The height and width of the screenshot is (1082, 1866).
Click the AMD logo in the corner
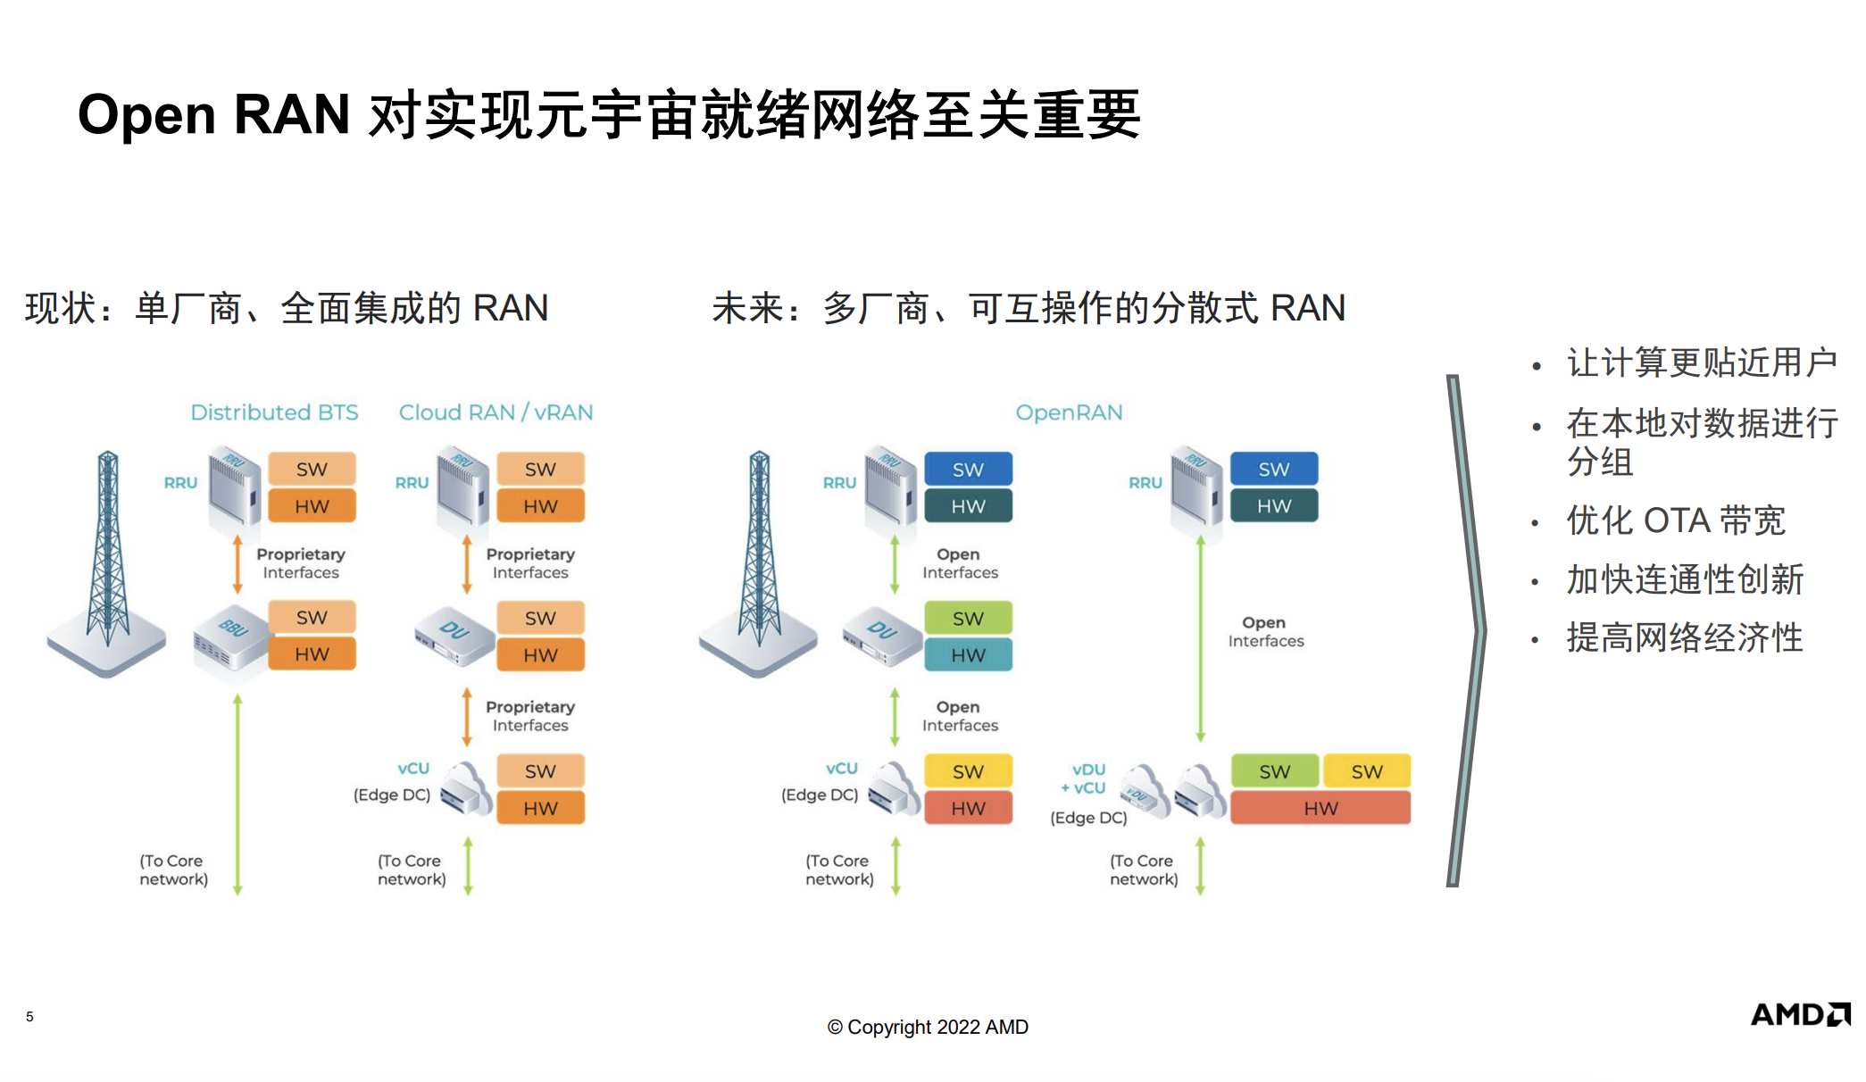tap(1799, 1015)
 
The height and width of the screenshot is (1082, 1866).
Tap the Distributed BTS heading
tap(274, 412)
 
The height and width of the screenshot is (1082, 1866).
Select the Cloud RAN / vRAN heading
tap(496, 412)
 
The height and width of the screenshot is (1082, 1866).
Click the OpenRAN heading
tap(1069, 412)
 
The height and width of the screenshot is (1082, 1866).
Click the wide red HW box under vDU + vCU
tap(1320, 808)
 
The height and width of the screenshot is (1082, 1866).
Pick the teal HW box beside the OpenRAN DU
tap(968, 655)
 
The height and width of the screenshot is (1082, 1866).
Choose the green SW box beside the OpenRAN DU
tap(968, 618)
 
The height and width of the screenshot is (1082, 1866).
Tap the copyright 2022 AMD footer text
tap(928, 1027)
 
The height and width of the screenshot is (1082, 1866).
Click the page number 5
tap(29, 1016)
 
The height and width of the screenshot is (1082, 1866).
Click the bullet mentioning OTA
tap(1675, 520)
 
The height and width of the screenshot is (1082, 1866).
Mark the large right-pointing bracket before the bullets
tap(1465, 629)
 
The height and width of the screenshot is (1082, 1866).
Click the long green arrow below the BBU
tap(237, 795)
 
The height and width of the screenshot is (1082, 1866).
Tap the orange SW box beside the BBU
tap(312, 617)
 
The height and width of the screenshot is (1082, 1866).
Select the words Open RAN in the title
tap(213, 115)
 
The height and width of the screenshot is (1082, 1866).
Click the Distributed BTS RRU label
tap(180, 483)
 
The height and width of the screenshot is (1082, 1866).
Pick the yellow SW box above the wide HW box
tap(1366, 771)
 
